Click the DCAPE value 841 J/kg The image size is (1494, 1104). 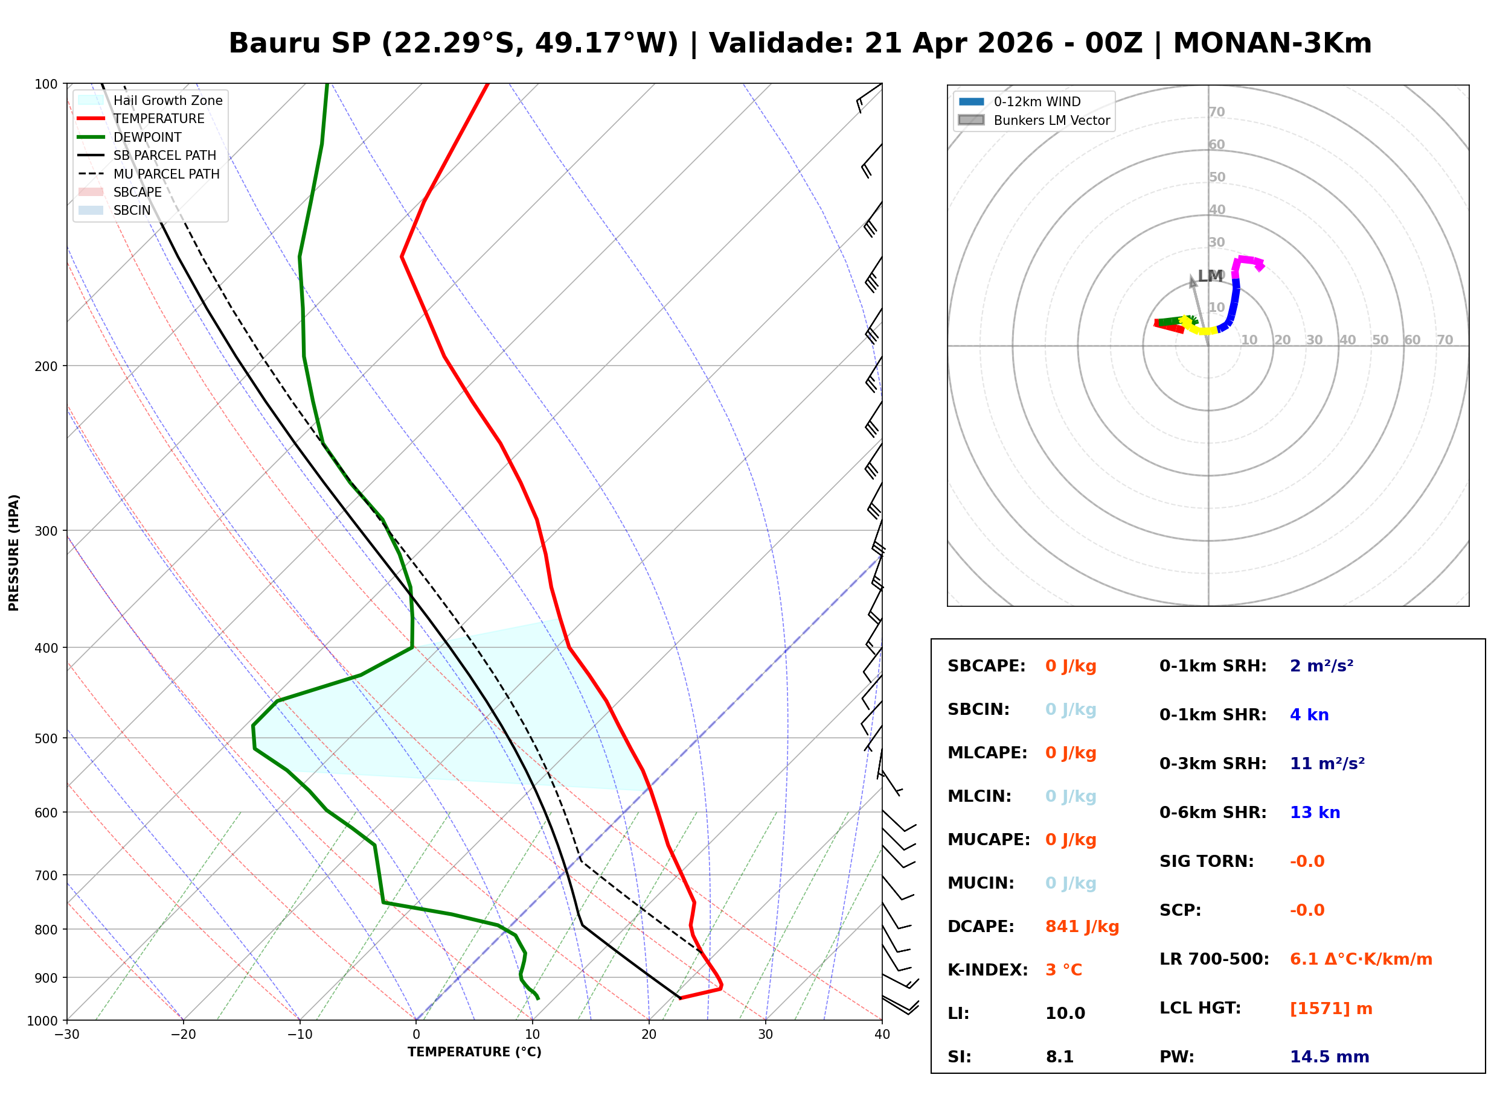pyautogui.click(x=1082, y=926)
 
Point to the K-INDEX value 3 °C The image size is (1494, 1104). pyautogui.click(x=1063, y=969)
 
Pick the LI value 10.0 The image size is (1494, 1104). pyautogui.click(x=1065, y=1013)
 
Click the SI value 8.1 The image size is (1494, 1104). pyautogui.click(x=1059, y=1056)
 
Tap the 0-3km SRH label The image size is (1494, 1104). pyautogui.click(x=1212, y=763)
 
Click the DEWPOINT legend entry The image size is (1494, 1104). pyautogui.click(x=147, y=137)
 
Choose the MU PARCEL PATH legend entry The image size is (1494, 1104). pyautogui.click(x=166, y=174)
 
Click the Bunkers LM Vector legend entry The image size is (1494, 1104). pyautogui.click(x=1051, y=120)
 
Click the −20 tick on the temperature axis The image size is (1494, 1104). pyautogui.click(x=183, y=1035)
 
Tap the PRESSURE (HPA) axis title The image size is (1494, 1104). pyautogui.click(x=14, y=552)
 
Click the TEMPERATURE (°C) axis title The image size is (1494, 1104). pyautogui.click(x=474, y=1052)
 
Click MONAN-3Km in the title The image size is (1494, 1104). pyautogui.click(x=1272, y=43)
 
